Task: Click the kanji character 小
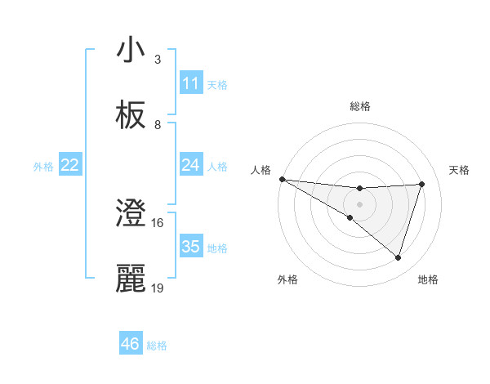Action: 131,51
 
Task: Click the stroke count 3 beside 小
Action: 158,60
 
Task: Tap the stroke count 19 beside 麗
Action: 158,288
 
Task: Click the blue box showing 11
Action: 191,83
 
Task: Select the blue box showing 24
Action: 191,165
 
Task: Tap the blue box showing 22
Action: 69,165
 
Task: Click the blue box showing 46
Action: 130,344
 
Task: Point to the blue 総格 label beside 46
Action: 157,346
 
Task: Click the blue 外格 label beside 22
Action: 43,167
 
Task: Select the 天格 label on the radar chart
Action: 460,170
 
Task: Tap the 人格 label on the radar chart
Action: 261,170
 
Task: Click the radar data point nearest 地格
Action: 398,258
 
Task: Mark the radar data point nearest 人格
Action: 282,179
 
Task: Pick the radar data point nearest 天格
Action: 422,184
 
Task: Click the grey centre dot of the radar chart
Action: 359,204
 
